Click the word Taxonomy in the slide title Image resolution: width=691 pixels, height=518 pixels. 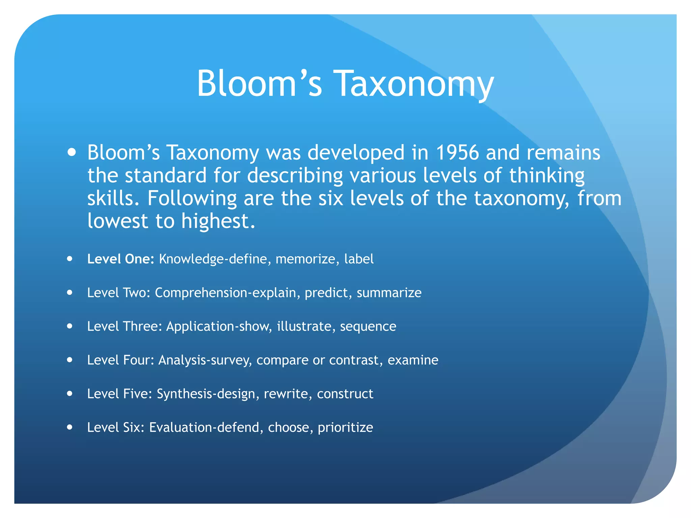coord(415,84)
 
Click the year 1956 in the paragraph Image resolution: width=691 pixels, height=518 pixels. coord(457,152)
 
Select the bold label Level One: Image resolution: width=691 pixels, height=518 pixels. coord(120,259)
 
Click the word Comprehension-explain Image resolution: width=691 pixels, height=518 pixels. coord(225,293)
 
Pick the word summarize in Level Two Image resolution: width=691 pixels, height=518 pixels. coord(389,293)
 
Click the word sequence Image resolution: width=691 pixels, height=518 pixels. coord(368,326)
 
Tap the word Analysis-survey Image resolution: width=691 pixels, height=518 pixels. coord(205,360)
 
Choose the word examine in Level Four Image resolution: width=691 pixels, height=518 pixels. coord(413,360)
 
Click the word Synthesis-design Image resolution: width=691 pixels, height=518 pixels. coord(206,394)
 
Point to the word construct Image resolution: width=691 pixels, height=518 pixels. coord(345,394)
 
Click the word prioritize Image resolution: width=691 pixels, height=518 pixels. coord(345,428)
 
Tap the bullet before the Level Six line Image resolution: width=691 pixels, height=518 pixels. coord(70,427)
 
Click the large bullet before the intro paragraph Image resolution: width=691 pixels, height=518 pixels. coord(72,152)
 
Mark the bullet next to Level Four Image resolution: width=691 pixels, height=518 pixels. coord(70,360)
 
